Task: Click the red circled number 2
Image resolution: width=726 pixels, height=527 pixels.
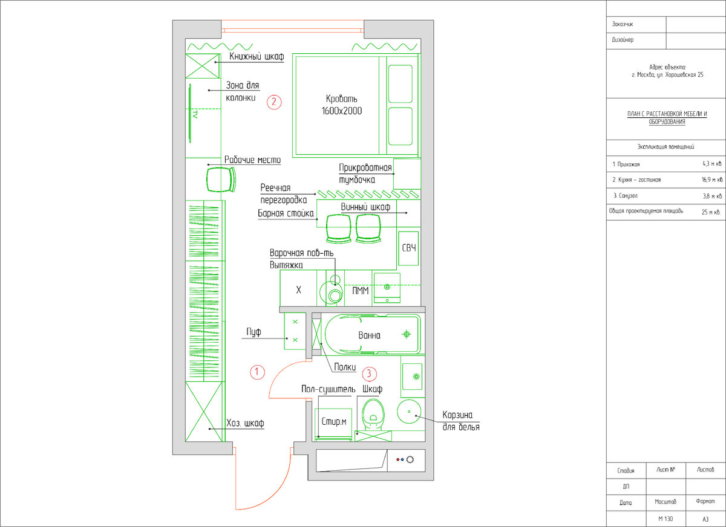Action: [x=274, y=102]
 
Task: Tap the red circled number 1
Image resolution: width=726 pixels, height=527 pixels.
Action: [x=257, y=372]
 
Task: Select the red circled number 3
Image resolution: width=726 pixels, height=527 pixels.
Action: [x=369, y=374]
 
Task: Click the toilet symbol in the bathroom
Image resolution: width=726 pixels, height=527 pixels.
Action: [x=373, y=415]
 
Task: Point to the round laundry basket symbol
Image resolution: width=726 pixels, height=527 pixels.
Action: [x=409, y=412]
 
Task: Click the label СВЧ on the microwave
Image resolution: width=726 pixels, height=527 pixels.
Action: [x=409, y=248]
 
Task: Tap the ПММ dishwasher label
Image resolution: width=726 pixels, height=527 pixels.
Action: [x=361, y=291]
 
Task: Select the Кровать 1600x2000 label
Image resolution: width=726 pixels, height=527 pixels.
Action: [x=342, y=105]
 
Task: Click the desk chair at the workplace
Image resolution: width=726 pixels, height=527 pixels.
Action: [x=221, y=179]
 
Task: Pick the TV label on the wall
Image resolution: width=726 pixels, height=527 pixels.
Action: [x=195, y=114]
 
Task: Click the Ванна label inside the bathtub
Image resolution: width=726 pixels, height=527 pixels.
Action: [x=369, y=335]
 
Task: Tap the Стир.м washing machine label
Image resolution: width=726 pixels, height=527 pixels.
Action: [x=334, y=421]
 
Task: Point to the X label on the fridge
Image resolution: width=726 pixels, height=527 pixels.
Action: [x=298, y=289]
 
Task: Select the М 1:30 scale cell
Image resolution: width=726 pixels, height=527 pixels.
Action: [x=665, y=519]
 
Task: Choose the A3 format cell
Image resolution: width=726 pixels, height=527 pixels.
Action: [x=705, y=519]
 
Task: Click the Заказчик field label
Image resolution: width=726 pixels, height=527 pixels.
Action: [x=623, y=24]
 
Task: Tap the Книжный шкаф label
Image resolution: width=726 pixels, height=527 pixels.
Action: [x=257, y=56]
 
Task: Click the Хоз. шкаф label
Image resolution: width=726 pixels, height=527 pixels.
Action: [x=245, y=423]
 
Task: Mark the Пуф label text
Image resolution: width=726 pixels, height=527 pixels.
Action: [x=253, y=332]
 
